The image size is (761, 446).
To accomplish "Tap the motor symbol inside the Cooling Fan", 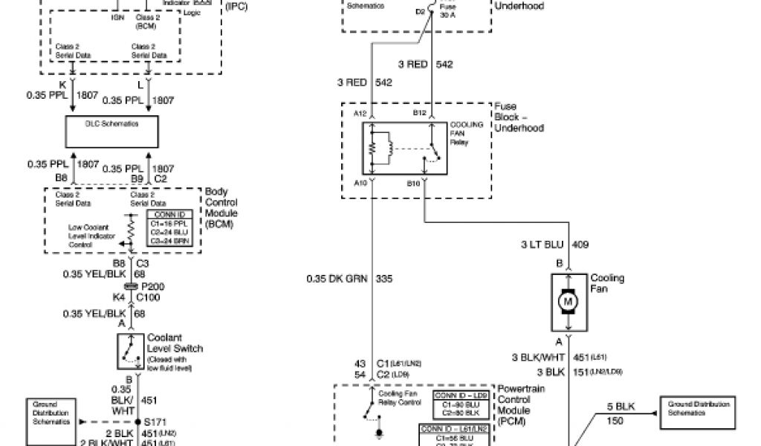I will (569, 302).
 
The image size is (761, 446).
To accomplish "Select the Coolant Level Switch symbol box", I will (131, 352).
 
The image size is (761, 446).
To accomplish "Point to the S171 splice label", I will (155, 421).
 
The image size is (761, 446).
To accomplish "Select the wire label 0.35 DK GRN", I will (337, 279).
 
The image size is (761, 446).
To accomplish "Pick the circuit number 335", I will (383, 279).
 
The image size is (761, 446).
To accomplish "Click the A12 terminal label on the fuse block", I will (360, 113).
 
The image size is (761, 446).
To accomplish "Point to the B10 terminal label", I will (413, 181).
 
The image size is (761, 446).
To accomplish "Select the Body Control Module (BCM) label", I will (221, 207).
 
